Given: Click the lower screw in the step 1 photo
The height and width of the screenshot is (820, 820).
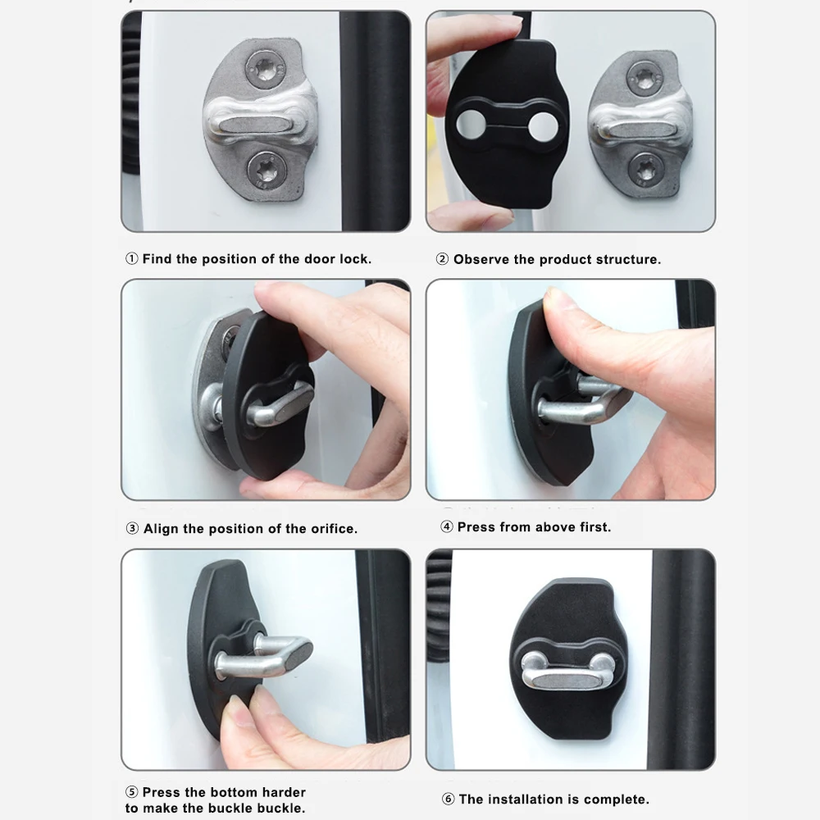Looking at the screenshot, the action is pos(266,171).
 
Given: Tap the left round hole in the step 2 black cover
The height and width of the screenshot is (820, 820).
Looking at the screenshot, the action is pos(471,124).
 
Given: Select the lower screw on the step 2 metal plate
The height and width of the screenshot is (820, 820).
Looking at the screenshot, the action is pos(646,170).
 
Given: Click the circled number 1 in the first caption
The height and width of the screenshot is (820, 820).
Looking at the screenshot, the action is pos(131,258).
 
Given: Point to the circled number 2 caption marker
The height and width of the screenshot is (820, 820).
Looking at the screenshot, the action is pos(442,259).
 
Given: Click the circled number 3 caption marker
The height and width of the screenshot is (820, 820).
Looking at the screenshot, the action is pos(132,529).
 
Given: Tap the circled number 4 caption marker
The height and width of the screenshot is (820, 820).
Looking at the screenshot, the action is pos(446,526).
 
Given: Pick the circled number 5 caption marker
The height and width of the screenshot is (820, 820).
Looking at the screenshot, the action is pos(132,792).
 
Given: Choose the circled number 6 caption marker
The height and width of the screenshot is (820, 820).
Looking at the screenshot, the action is pos(448,799).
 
